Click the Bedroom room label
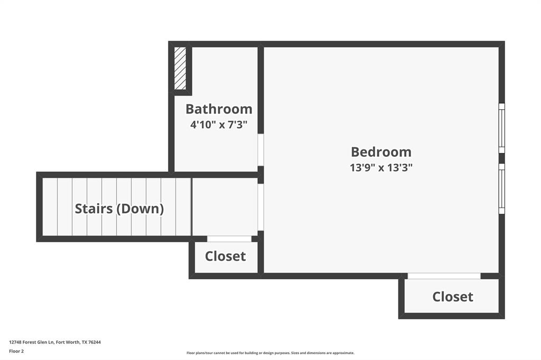tap(381, 152)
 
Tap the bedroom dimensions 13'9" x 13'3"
tap(381, 168)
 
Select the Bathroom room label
tap(219, 109)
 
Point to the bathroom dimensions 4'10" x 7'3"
tap(219, 125)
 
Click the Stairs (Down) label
tap(119, 209)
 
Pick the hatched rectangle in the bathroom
tap(180, 69)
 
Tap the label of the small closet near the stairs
tap(226, 257)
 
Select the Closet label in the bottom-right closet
tap(453, 297)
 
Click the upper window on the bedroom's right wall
tap(501, 128)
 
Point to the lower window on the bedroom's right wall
tap(501, 188)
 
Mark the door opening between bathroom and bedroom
tap(260, 150)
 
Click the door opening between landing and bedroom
tap(260, 207)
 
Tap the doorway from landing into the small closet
tap(229, 239)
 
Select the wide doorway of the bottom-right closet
tap(444, 276)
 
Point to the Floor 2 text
tap(16, 351)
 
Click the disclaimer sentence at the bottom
tap(270, 353)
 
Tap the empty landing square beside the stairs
tap(225, 207)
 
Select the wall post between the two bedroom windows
tap(501, 158)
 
